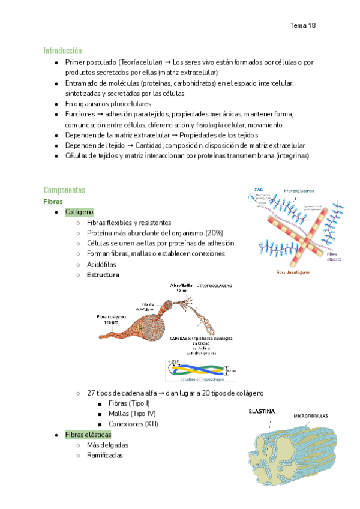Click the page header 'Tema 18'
302,25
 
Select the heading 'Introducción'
62,50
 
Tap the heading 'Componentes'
64,190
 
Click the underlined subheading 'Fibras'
53,202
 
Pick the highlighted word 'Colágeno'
79,212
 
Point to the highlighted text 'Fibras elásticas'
89,435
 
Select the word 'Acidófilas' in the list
101,264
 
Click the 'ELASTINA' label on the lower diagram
262,412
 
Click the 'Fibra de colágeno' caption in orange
293,272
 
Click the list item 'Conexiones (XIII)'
130,424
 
